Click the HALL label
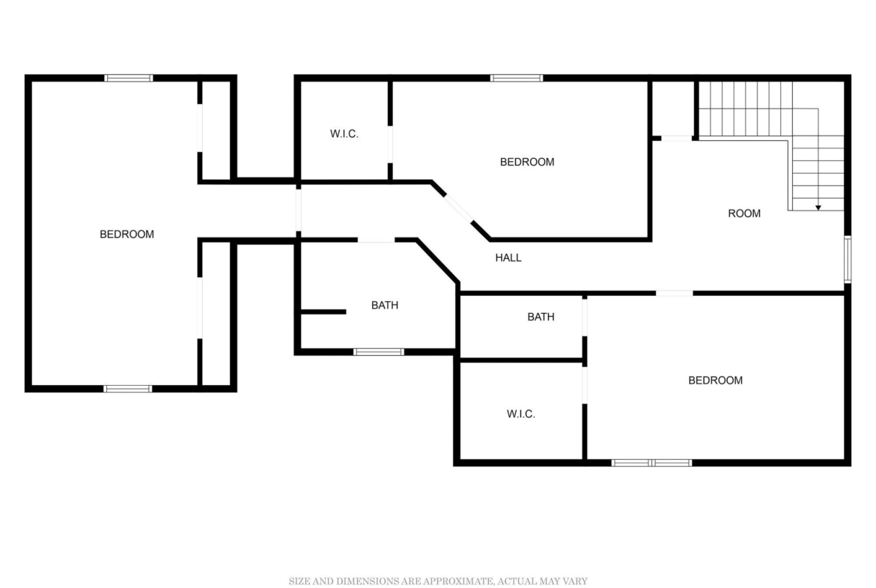coord(508,258)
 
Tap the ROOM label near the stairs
coord(744,213)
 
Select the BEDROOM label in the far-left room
coord(127,234)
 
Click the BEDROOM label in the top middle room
coord(527,162)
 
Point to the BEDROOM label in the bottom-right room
coord(715,380)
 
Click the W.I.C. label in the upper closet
coord(344,133)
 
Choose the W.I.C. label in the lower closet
coord(520,414)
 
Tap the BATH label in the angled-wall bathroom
coord(385,305)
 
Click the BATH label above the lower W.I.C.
coord(541,317)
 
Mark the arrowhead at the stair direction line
coord(818,208)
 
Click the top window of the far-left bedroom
coord(129,78)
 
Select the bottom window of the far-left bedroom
coord(128,389)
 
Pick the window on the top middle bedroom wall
coord(517,78)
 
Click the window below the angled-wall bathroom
coord(379,352)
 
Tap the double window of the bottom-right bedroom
coord(652,463)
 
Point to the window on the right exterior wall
coord(848,259)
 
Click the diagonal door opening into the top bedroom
coord(459,208)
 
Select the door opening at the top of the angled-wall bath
coord(376,240)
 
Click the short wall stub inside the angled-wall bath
coord(323,312)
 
